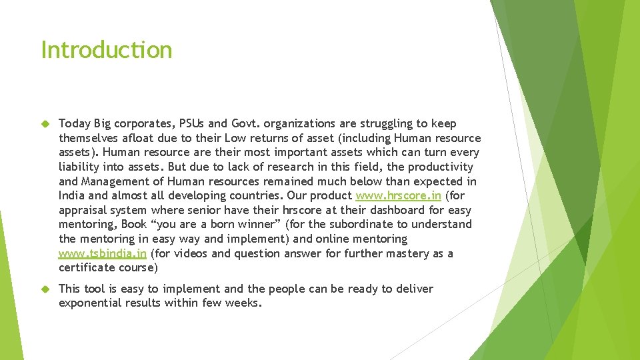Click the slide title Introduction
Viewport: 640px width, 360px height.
click(x=107, y=50)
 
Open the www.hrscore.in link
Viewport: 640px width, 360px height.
click(x=398, y=195)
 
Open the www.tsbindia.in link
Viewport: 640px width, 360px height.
click(x=102, y=253)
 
